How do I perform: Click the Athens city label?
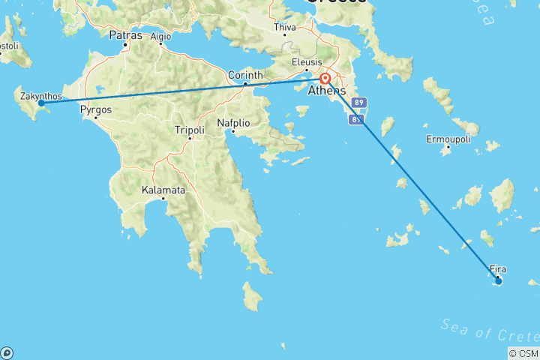327,91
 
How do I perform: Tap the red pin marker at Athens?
325,79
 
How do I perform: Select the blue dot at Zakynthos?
41,103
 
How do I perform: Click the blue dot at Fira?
498,280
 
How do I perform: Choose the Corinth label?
245,75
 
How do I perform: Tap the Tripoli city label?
189,130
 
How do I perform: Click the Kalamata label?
163,190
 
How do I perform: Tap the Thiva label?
286,28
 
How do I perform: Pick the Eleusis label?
307,61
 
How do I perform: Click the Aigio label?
160,35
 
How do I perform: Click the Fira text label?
497,268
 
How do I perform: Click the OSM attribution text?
525,353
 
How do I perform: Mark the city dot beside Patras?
127,46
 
